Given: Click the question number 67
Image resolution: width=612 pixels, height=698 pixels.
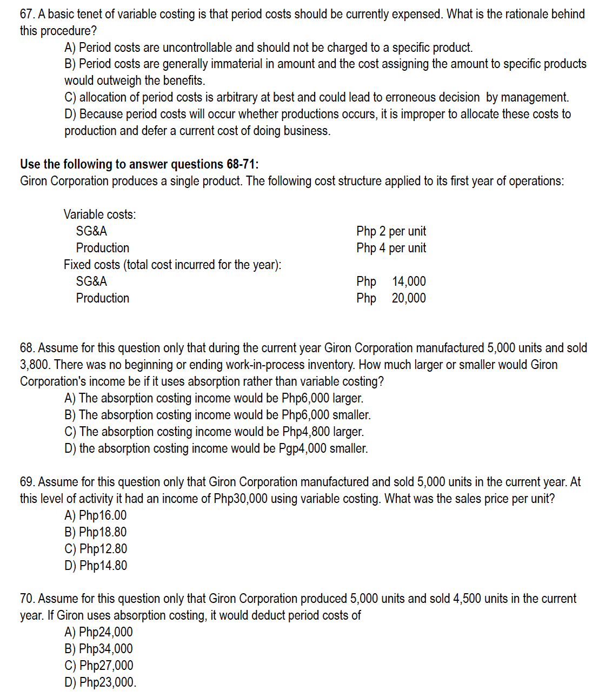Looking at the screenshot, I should (27, 14).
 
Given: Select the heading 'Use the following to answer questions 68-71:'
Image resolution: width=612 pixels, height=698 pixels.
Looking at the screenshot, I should (139, 164).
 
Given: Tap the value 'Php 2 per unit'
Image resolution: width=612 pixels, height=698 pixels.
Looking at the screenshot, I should (391, 231).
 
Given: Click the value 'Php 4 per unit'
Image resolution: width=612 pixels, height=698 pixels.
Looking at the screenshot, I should (391, 248).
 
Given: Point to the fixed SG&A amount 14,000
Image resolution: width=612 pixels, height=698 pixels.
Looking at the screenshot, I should (408, 281).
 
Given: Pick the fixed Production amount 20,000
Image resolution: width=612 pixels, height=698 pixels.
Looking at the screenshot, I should (408, 298).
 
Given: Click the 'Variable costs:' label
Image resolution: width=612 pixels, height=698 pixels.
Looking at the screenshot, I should (99, 214).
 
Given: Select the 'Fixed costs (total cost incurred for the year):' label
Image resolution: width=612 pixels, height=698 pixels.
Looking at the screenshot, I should (172, 265).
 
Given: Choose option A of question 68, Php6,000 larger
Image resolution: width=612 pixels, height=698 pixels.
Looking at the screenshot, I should (214, 398).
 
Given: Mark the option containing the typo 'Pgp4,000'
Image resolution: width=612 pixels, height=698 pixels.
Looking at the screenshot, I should (216, 448).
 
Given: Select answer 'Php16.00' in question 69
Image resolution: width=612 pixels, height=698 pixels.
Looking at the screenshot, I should (96, 515).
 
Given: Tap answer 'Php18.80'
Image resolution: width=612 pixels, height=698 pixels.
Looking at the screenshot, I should (96, 532).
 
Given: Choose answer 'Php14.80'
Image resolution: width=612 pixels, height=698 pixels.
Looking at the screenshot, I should (96, 566).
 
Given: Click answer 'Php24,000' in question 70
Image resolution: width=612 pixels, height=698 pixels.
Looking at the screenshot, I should (98, 632).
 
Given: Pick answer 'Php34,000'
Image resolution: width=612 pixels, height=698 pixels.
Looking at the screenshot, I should (98, 649).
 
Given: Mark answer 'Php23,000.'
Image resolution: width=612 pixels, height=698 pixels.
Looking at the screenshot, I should (100, 682).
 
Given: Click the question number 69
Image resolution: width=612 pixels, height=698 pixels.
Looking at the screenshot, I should (27, 482).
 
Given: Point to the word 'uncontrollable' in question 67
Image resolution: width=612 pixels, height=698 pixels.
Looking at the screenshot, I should (197, 48).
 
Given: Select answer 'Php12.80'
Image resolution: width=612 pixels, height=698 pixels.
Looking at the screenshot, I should (96, 549).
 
